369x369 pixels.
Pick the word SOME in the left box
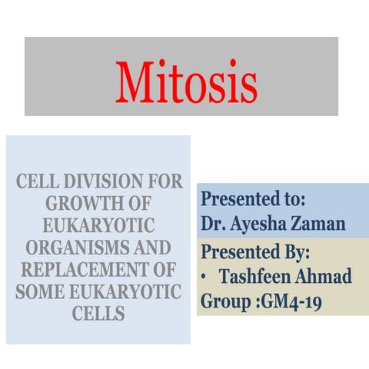pyautogui.click(x=43, y=293)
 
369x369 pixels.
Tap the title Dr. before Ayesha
pyautogui.click(x=213, y=225)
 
